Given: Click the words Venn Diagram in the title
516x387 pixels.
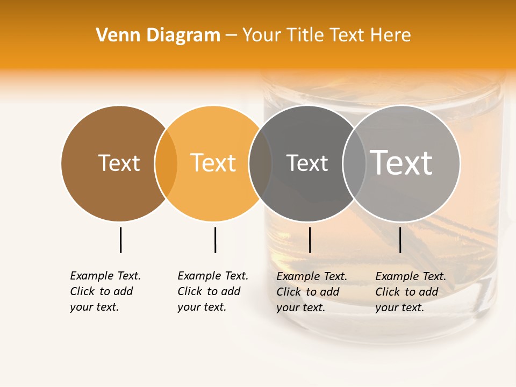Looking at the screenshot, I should [158, 35].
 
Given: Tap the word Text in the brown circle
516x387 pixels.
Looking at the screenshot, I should [119, 163].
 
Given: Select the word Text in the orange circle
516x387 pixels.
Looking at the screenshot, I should [213, 163].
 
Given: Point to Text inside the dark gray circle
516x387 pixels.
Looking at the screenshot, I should [307, 163].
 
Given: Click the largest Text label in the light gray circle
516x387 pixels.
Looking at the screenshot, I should [402, 162].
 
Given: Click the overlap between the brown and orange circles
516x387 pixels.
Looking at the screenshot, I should [166, 163].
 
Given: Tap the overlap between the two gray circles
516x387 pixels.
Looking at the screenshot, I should [354, 163].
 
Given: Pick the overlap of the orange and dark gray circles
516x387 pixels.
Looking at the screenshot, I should [260, 163].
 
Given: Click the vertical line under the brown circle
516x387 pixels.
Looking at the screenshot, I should [120, 240].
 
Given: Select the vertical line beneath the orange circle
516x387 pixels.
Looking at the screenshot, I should [215, 240].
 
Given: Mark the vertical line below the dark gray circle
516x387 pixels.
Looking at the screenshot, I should [310, 240].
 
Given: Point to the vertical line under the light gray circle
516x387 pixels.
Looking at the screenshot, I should [400, 240].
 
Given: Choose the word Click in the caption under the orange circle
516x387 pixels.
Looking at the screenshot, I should [189, 291].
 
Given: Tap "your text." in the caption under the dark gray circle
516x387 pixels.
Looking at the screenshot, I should [300, 307].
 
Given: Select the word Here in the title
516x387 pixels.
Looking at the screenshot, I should [393, 35].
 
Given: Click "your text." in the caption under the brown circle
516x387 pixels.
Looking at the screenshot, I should [94, 307].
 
